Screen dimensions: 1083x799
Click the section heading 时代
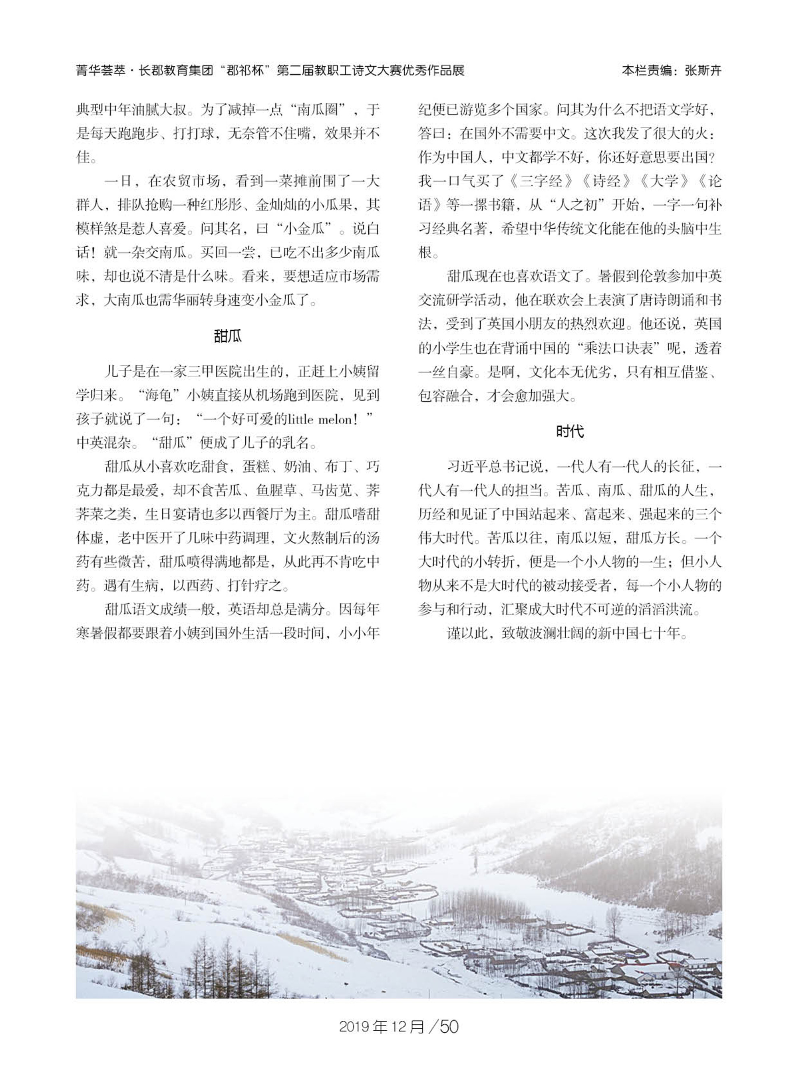tap(570, 431)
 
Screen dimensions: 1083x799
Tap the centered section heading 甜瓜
tap(227, 336)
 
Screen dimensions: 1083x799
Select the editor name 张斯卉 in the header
tap(703, 71)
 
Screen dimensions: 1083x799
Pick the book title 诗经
tap(606, 181)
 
